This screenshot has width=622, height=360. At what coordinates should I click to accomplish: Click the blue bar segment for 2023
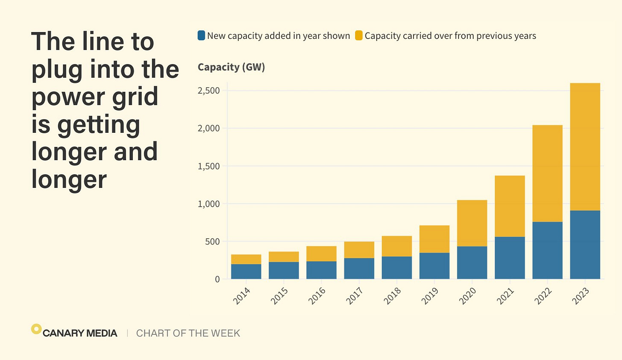click(585, 245)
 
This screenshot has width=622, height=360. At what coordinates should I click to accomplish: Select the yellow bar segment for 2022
click(547, 173)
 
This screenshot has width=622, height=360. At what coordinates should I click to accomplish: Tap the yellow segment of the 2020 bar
click(472, 223)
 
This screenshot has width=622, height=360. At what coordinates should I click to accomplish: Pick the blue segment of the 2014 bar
click(246, 271)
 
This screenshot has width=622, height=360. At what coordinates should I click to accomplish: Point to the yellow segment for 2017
click(359, 250)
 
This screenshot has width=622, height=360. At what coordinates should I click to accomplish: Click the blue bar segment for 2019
click(434, 266)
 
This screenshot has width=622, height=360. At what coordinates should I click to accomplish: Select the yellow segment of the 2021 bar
click(510, 206)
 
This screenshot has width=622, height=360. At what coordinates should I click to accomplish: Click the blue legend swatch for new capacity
click(201, 35)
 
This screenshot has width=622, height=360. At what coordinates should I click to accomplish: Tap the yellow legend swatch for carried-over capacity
click(359, 35)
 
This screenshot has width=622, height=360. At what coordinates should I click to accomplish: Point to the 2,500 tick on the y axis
click(208, 91)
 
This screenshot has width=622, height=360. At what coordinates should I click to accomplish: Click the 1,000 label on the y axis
click(208, 204)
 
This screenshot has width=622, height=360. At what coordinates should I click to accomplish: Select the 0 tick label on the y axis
click(217, 279)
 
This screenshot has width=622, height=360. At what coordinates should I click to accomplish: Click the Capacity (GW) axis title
click(231, 67)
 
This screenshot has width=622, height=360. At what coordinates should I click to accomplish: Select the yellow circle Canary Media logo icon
click(36, 329)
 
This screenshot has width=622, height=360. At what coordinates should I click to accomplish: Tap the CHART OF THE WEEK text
click(188, 333)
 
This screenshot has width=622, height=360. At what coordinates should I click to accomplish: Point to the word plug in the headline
click(57, 70)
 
